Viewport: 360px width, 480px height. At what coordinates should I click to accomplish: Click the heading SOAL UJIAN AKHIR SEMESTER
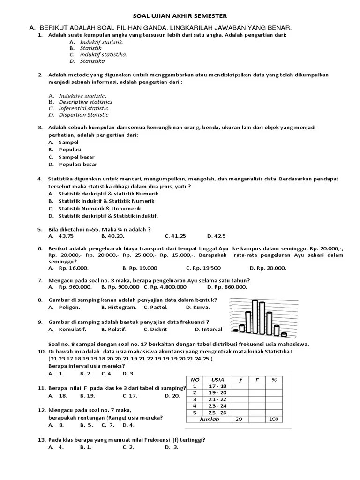click(x=180, y=16)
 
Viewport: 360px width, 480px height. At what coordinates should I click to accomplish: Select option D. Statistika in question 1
click(x=92, y=61)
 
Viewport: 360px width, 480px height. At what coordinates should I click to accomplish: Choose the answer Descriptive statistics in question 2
click(x=85, y=102)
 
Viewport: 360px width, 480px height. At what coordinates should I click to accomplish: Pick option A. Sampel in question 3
click(x=68, y=142)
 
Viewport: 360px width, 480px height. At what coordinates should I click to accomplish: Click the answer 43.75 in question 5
click(x=66, y=236)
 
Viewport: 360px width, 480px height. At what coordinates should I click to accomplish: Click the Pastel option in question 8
click(x=157, y=307)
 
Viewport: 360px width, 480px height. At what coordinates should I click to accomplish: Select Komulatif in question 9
click(x=69, y=329)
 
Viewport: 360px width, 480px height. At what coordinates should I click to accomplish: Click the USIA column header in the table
click(x=218, y=380)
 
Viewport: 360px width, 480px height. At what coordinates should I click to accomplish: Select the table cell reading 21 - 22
click(x=218, y=399)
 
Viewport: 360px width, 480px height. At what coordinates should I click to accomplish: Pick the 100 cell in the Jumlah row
click(x=274, y=419)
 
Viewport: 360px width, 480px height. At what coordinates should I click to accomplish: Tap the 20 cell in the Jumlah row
click(x=239, y=419)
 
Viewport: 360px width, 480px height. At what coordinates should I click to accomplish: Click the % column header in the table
click(x=274, y=380)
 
